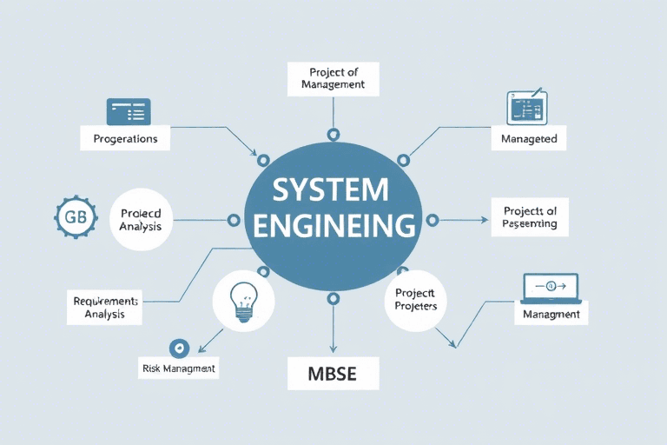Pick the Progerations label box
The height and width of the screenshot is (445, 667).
click(x=125, y=138)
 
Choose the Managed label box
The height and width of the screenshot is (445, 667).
click(x=529, y=138)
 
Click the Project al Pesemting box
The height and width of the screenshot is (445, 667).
click(x=524, y=216)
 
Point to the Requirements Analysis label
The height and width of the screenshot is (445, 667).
click(x=105, y=307)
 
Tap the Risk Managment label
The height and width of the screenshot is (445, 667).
click(x=178, y=369)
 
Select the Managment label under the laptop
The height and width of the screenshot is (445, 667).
click(x=551, y=314)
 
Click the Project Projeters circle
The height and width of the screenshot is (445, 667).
click(x=415, y=300)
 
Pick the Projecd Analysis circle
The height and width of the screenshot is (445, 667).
click(x=141, y=220)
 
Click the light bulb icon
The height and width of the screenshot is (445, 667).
click(x=242, y=298)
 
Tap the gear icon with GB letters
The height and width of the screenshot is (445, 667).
click(x=71, y=218)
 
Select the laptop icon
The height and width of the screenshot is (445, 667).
click(x=551, y=287)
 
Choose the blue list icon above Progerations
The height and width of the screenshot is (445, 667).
click(x=128, y=111)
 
